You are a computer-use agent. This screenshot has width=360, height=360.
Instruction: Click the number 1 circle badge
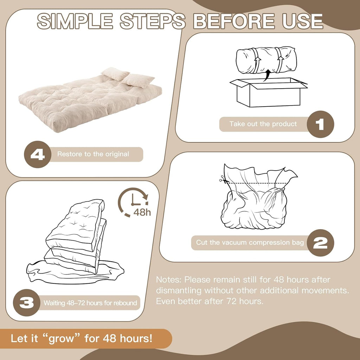[320, 124]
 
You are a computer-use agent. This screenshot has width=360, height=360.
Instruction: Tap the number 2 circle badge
[320, 243]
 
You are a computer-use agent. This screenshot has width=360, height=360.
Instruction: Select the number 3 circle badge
[27, 303]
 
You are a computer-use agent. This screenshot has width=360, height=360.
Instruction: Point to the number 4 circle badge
[38, 154]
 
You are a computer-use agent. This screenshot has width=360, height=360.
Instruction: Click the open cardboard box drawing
[268, 92]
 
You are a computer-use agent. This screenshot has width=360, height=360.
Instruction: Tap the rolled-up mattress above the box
[266, 60]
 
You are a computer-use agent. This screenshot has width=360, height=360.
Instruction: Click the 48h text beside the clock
[142, 212]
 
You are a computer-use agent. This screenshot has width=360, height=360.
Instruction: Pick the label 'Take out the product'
[263, 124]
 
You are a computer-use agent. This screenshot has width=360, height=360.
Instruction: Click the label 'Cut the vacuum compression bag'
[250, 243]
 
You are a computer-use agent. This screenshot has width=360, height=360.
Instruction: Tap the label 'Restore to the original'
[93, 154]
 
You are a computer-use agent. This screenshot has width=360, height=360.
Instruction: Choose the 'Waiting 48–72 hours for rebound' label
[90, 303]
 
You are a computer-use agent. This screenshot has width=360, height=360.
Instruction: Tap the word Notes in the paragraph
[169, 279]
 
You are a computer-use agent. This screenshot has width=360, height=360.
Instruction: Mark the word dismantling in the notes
[179, 291]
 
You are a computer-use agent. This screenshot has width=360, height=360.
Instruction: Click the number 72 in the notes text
[232, 301]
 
